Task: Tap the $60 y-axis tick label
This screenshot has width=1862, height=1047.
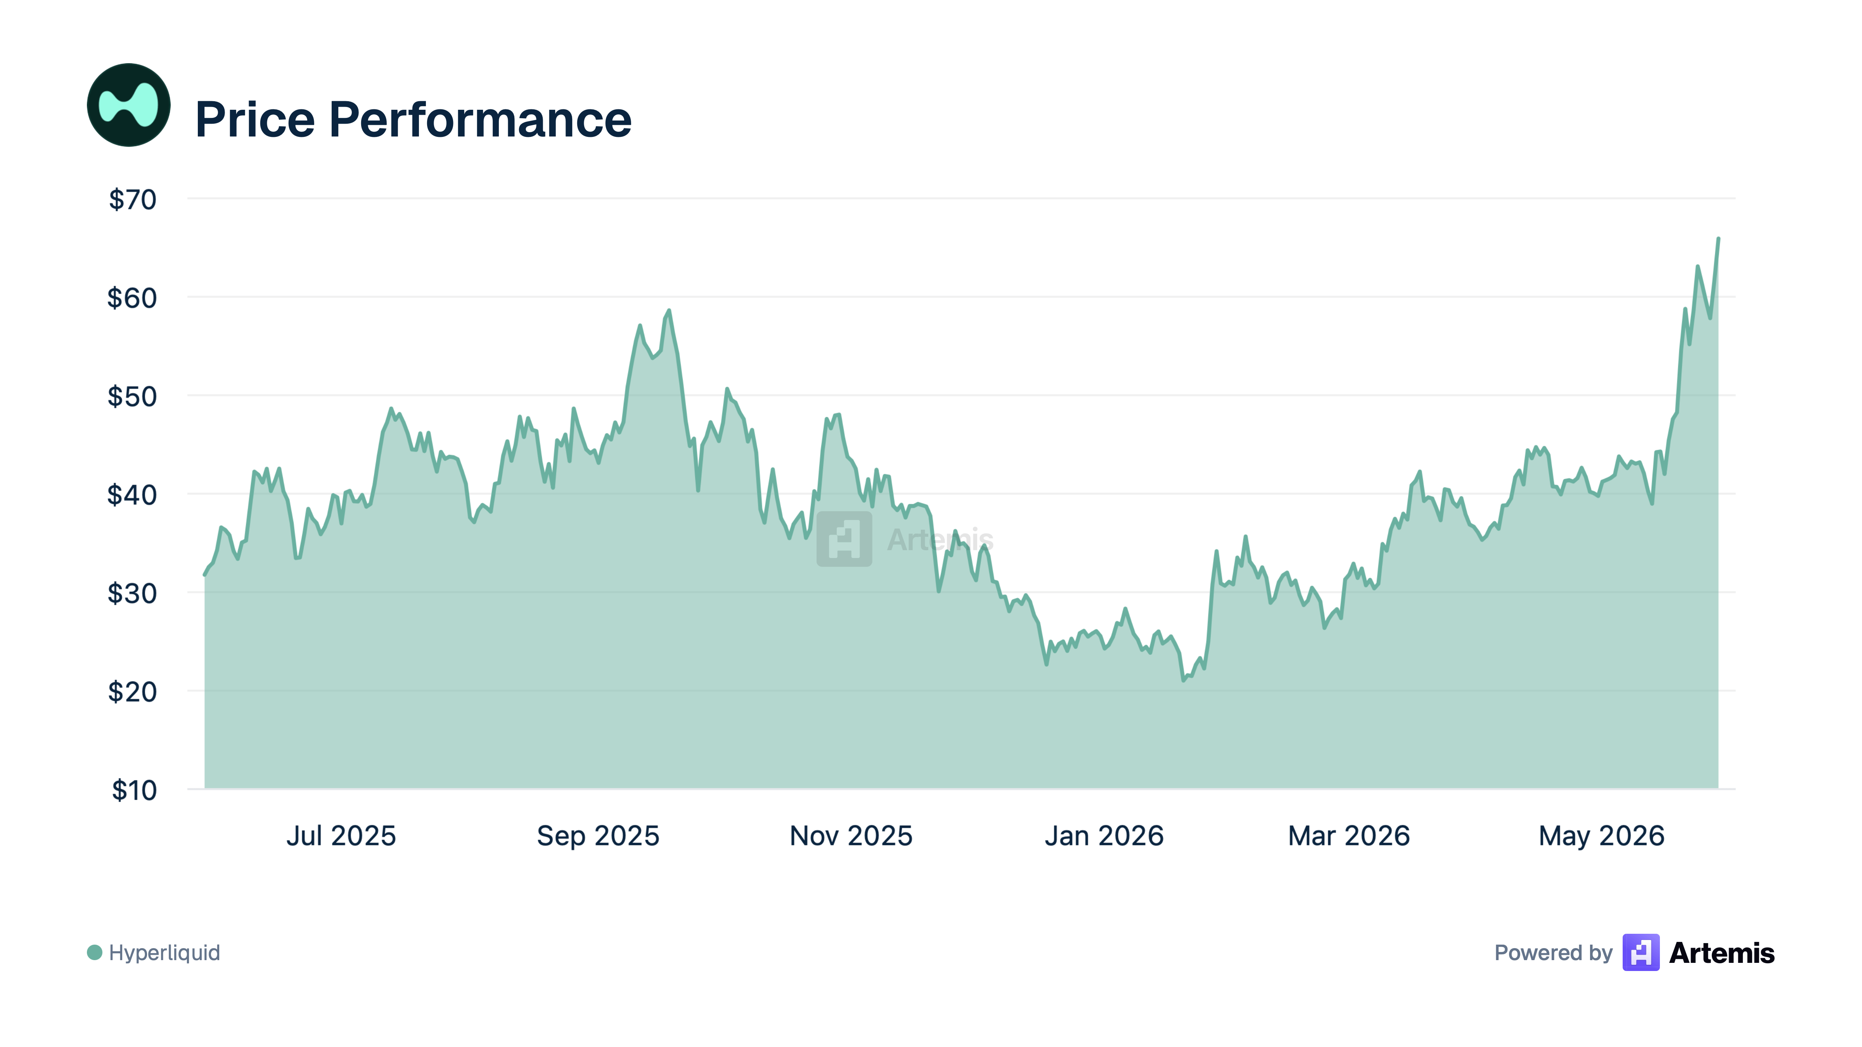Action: click(x=132, y=298)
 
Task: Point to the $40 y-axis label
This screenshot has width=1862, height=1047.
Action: click(x=132, y=495)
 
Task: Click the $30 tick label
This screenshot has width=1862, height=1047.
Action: click(x=132, y=593)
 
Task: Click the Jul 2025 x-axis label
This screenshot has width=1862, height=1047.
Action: click(x=341, y=836)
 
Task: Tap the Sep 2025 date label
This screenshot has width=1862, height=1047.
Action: click(x=598, y=836)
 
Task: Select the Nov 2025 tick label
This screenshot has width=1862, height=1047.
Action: click(x=851, y=836)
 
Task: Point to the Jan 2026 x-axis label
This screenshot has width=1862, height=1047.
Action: click(x=1104, y=836)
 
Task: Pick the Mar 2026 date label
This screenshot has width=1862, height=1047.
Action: click(x=1349, y=836)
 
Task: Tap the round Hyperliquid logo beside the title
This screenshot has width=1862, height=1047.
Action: click(x=129, y=105)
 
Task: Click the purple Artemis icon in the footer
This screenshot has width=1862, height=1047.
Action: click(x=1641, y=952)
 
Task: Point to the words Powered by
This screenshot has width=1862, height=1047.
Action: click(x=1553, y=952)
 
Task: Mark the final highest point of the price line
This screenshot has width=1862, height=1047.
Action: click(x=1718, y=238)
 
